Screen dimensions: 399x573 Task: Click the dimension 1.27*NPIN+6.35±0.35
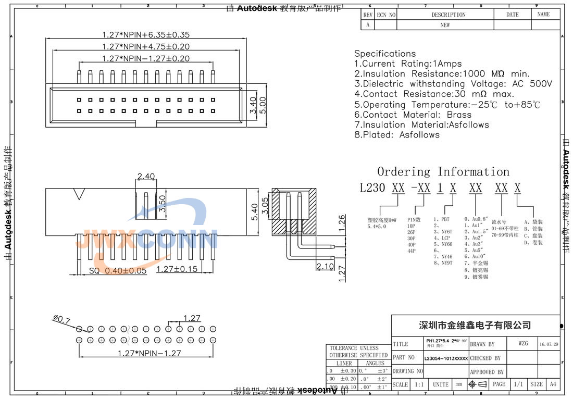[x=145, y=35]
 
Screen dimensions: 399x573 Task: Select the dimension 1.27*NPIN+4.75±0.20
[x=145, y=47]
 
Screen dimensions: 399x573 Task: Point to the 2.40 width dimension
[x=146, y=177]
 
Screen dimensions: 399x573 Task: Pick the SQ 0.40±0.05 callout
[x=118, y=271]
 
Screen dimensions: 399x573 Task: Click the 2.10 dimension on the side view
[x=325, y=267]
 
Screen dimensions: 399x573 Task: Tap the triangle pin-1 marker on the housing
[x=80, y=194]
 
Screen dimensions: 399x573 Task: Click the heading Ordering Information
[x=443, y=172]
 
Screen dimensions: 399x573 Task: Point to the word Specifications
[x=385, y=54]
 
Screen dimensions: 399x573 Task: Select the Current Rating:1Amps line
[x=408, y=64]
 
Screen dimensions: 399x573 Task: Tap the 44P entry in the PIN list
[x=412, y=251]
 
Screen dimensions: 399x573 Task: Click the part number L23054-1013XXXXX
[x=446, y=358]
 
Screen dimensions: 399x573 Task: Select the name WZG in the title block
[x=523, y=344]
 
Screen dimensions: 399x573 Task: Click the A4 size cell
[x=552, y=384]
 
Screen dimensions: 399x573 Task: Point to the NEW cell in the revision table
[x=445, y=25]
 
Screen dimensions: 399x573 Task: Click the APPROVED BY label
[x=487, y=372]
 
